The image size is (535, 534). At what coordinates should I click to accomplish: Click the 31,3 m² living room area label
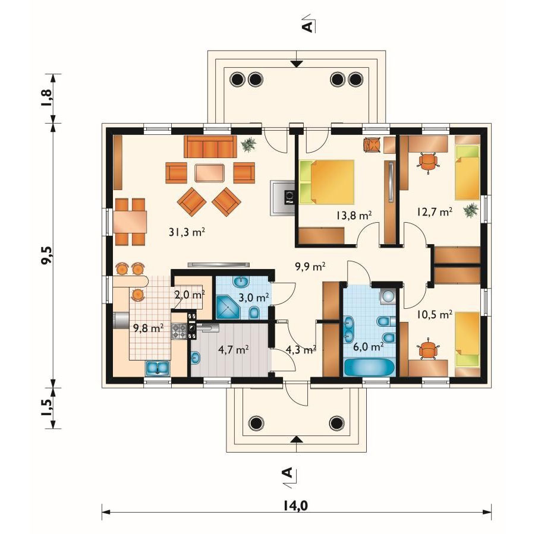point(187,232)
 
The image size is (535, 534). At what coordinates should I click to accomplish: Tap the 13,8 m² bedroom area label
point(354,215)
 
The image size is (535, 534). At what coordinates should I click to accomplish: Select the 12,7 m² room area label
point(435,211)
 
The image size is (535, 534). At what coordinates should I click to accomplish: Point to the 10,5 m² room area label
point(435,314)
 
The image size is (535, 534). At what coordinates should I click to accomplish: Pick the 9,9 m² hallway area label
point(310,266)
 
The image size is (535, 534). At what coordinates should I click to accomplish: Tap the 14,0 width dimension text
point(295,506)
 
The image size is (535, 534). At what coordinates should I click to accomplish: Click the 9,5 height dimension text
point(47,254)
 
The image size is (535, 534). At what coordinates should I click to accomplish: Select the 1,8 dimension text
point(47,98)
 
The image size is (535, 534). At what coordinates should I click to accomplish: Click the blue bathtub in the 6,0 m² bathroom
point(369,368)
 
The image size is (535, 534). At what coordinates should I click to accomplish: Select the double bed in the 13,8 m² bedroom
point(327,182)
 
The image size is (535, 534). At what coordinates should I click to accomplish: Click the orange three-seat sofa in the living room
point(210,147)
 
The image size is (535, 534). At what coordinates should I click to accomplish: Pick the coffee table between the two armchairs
point(210,173)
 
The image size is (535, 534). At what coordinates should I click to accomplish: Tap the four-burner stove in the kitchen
point(180,331)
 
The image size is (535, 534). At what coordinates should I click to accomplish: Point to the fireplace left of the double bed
point(283,198)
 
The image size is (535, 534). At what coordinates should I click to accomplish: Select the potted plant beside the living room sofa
point(248,145)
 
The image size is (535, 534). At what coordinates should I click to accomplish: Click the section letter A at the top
point(307,26)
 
